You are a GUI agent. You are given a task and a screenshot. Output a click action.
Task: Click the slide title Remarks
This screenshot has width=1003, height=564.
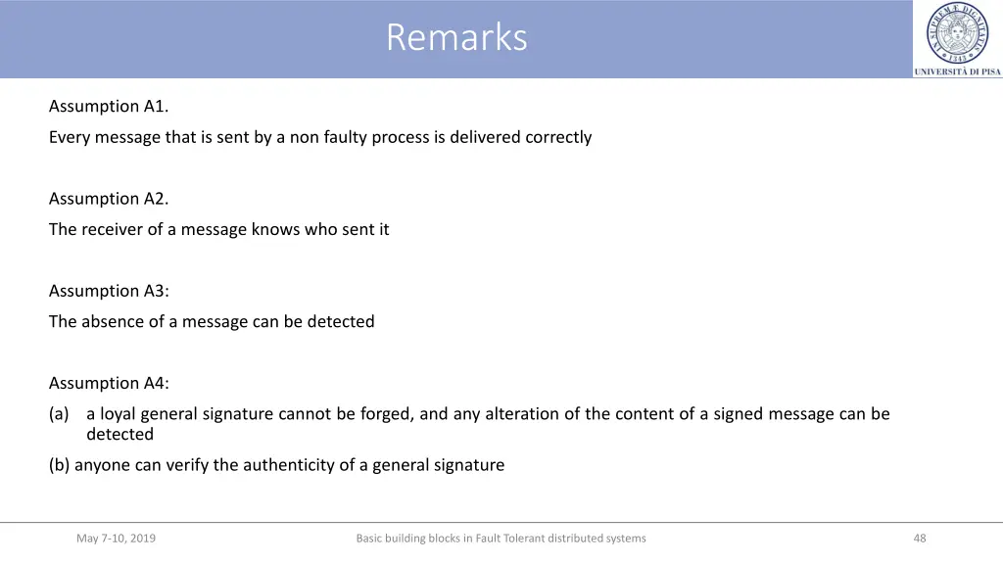pyautogui.click(x=456, y=38)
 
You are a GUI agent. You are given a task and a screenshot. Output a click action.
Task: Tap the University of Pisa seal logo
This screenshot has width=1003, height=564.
pyautogui.click(x=957, y=33)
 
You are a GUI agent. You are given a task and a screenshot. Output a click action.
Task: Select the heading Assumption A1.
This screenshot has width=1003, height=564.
pyautogui.click(x=109, y=106)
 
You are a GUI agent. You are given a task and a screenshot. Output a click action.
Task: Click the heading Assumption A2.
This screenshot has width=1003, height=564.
pyautogui.click(x=109, y=198)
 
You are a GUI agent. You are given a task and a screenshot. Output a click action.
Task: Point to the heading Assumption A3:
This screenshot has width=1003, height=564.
pyautogui.click(x=109, y=290)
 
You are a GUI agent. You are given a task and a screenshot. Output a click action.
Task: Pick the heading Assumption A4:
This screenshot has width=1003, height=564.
pyautogui.click(x=109, y=382)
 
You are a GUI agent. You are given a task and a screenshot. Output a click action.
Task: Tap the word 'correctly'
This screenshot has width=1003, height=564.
pyautogui.click(x=558, y=137)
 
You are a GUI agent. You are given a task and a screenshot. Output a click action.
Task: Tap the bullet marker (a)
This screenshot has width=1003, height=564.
pyautogui.click(x=59, y=413)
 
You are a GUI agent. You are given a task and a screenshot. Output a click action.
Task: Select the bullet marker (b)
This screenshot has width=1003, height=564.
pyautogui.click(x=59, y=465)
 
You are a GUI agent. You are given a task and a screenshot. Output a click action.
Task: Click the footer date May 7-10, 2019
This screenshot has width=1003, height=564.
pyautogui.click(x=116, y=538)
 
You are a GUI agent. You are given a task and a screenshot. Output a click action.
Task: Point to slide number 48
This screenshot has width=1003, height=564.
pyautogui.click(x=919, y=538)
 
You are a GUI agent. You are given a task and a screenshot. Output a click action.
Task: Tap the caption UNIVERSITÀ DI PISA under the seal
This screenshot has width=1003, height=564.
pyautogui.click(x=957, y=71)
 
